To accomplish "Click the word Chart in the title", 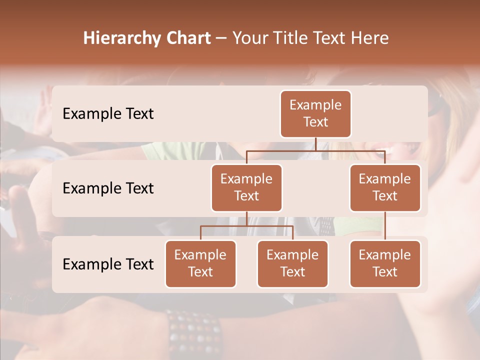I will pos(187,38).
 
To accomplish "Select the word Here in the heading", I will pos(371,38).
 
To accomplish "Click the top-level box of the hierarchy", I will pos(315,113).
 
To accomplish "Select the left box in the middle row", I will pos(246,187).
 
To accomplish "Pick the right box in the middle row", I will pos(385,187).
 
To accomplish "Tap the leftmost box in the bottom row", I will pos(200,263).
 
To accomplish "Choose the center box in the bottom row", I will pos(292,263).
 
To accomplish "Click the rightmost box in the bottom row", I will pos(385,263).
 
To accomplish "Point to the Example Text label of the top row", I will pos(108,113).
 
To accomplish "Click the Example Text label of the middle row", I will pos(108,188).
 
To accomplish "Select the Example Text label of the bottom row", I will pos(108,264).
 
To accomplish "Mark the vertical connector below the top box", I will pos(315,144).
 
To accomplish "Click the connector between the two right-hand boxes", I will pos(385,226).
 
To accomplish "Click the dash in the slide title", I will pos(221,38).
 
